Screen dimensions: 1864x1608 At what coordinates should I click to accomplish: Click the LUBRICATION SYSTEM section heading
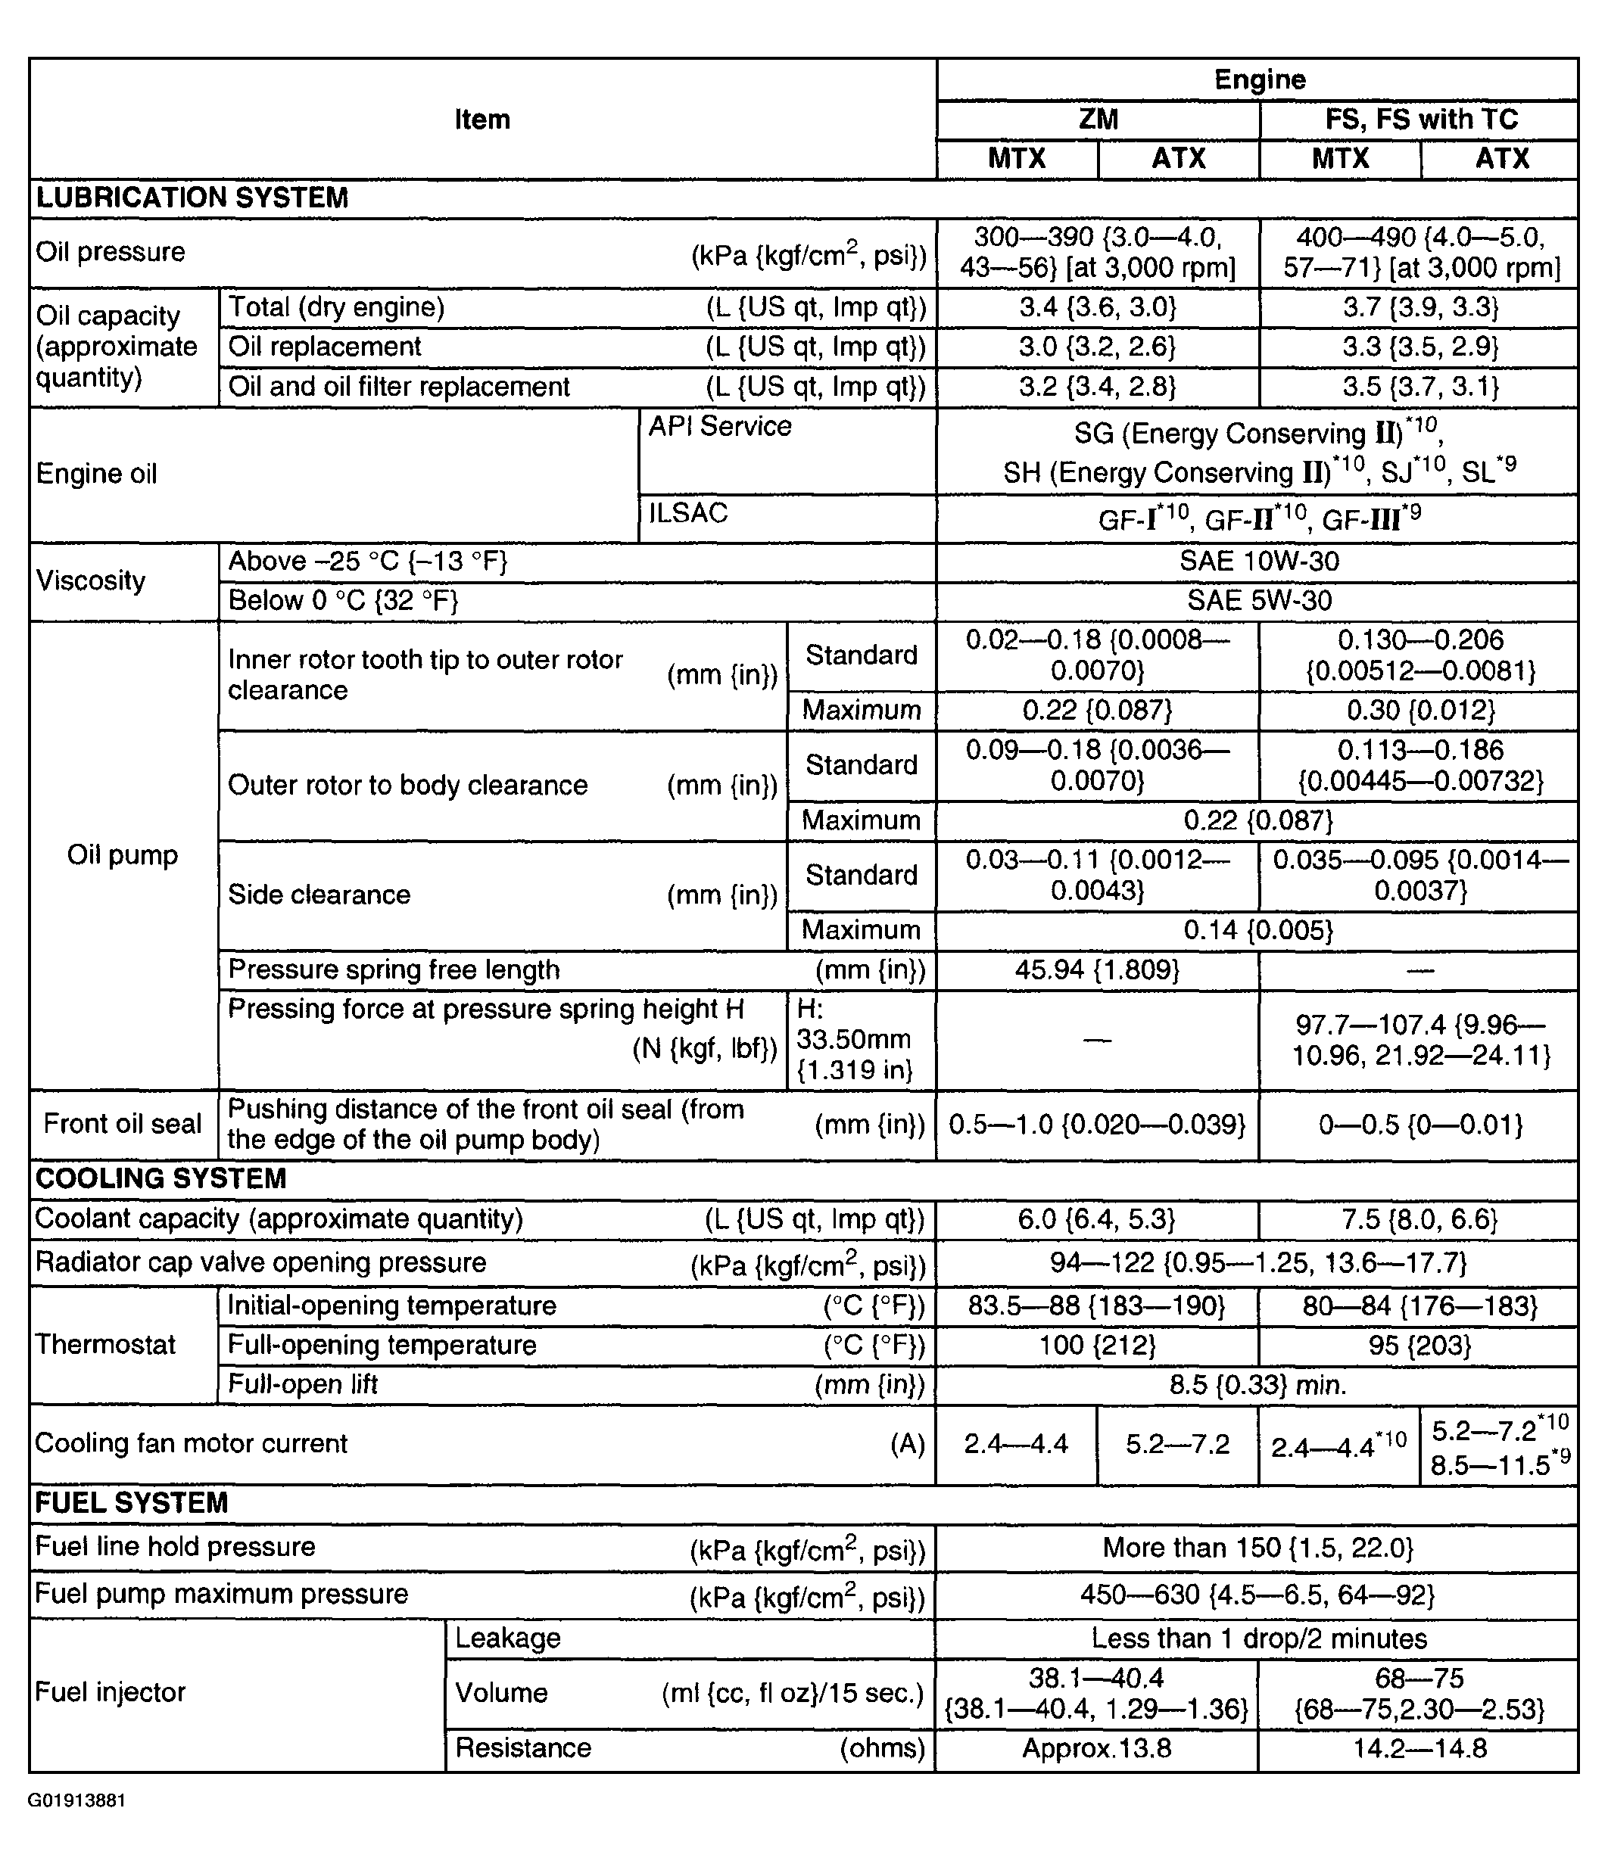pos(192,198)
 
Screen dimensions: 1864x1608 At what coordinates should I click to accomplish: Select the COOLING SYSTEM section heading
pos(161,1178)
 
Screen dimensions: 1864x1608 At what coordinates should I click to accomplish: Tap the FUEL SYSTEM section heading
pos(132,1503)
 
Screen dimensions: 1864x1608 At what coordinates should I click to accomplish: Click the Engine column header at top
pos(1259,79)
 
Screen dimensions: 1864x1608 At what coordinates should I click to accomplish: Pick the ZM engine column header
pos(1098,119)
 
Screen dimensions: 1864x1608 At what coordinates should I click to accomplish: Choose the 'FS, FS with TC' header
pos(1421,119)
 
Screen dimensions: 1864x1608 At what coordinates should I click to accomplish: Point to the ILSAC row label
pos(688,513)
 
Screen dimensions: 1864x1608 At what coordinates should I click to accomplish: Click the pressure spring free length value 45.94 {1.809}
pos(1097,969)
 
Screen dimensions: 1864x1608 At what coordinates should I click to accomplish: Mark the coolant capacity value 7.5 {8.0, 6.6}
pos(1420,1219)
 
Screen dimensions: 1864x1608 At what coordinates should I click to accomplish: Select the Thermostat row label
pos(105,1344)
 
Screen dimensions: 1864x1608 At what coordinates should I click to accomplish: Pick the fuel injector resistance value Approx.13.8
pos(1097,1748)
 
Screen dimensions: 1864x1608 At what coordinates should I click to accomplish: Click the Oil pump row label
pos(123,854)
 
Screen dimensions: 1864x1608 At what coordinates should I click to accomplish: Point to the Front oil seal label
pos(123,1124)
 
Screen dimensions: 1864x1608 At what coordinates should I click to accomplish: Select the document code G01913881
pos(76,1800)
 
